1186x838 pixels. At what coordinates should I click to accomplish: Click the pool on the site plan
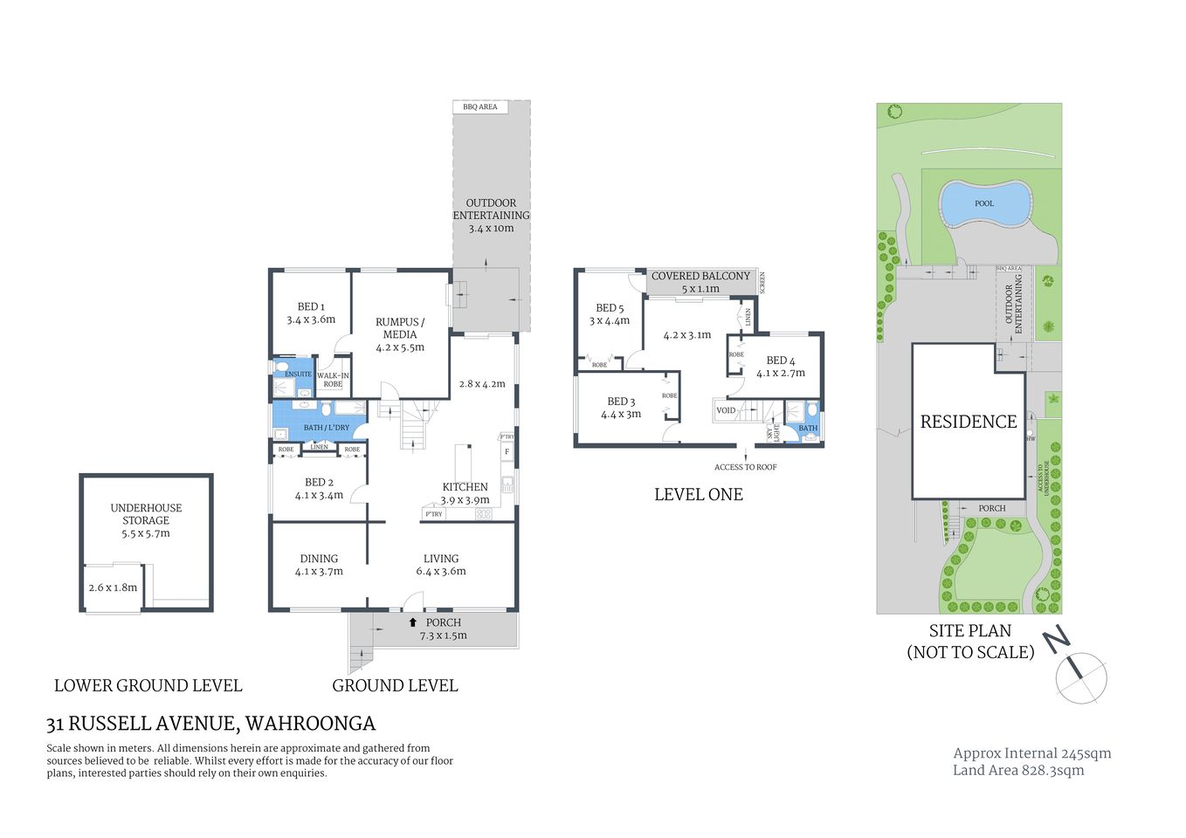[984, 203]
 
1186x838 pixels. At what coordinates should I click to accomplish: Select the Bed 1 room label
[311, 313]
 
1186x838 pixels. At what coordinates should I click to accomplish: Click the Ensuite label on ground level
[298, 374]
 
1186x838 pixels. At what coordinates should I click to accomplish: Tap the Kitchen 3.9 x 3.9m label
[465, 493]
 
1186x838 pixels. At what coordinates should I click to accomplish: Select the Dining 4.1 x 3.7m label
[319, 565]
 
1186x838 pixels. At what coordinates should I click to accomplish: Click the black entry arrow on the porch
[413, 622]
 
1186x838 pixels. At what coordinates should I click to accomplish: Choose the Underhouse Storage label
[146, 520]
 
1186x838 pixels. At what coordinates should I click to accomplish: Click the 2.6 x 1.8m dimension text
[113, 587]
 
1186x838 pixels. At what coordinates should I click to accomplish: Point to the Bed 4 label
[781, 366]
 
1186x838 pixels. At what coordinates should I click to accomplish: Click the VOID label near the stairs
[726, 410]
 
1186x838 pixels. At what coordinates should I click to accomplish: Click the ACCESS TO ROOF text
[745, 467]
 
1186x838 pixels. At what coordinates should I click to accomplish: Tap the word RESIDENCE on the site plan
[969, 422]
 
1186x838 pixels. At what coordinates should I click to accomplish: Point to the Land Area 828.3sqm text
[1018, 770]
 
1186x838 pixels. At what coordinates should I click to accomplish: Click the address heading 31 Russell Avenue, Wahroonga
[210, 724]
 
